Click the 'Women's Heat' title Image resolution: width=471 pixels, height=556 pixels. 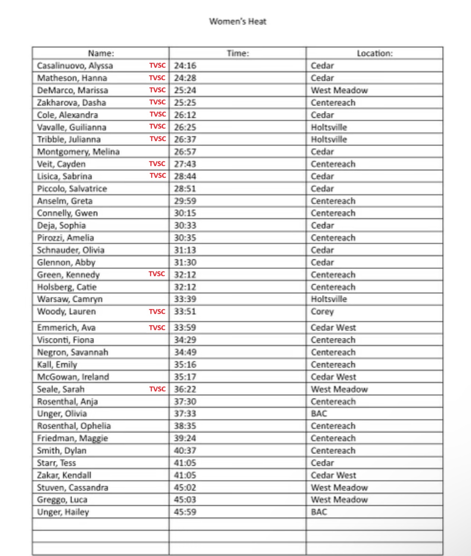238,22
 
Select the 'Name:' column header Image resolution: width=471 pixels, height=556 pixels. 101,54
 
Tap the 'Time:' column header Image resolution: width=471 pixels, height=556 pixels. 238,54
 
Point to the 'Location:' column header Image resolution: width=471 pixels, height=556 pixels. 375,54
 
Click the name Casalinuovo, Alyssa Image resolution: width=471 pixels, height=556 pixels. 75,66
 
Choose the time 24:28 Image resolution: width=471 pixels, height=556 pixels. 185,78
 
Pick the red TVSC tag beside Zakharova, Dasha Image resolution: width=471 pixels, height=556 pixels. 157,102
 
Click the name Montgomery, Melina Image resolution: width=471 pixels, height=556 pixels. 78,152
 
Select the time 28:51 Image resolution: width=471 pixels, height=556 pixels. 185,189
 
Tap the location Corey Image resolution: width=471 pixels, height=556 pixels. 322,312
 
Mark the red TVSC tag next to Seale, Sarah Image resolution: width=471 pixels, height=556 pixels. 157,389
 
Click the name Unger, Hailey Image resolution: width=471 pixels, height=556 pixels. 63,512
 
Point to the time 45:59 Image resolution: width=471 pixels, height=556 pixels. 185,512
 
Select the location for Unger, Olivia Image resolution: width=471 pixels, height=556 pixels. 319,414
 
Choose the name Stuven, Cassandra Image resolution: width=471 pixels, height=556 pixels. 73,488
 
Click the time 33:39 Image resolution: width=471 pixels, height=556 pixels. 185,299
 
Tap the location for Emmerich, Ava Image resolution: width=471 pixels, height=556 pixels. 333,328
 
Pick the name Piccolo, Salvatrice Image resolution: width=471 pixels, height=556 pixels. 72,189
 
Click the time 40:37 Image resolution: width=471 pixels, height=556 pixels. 185,451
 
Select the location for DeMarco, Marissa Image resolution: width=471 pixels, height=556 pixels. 339,90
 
